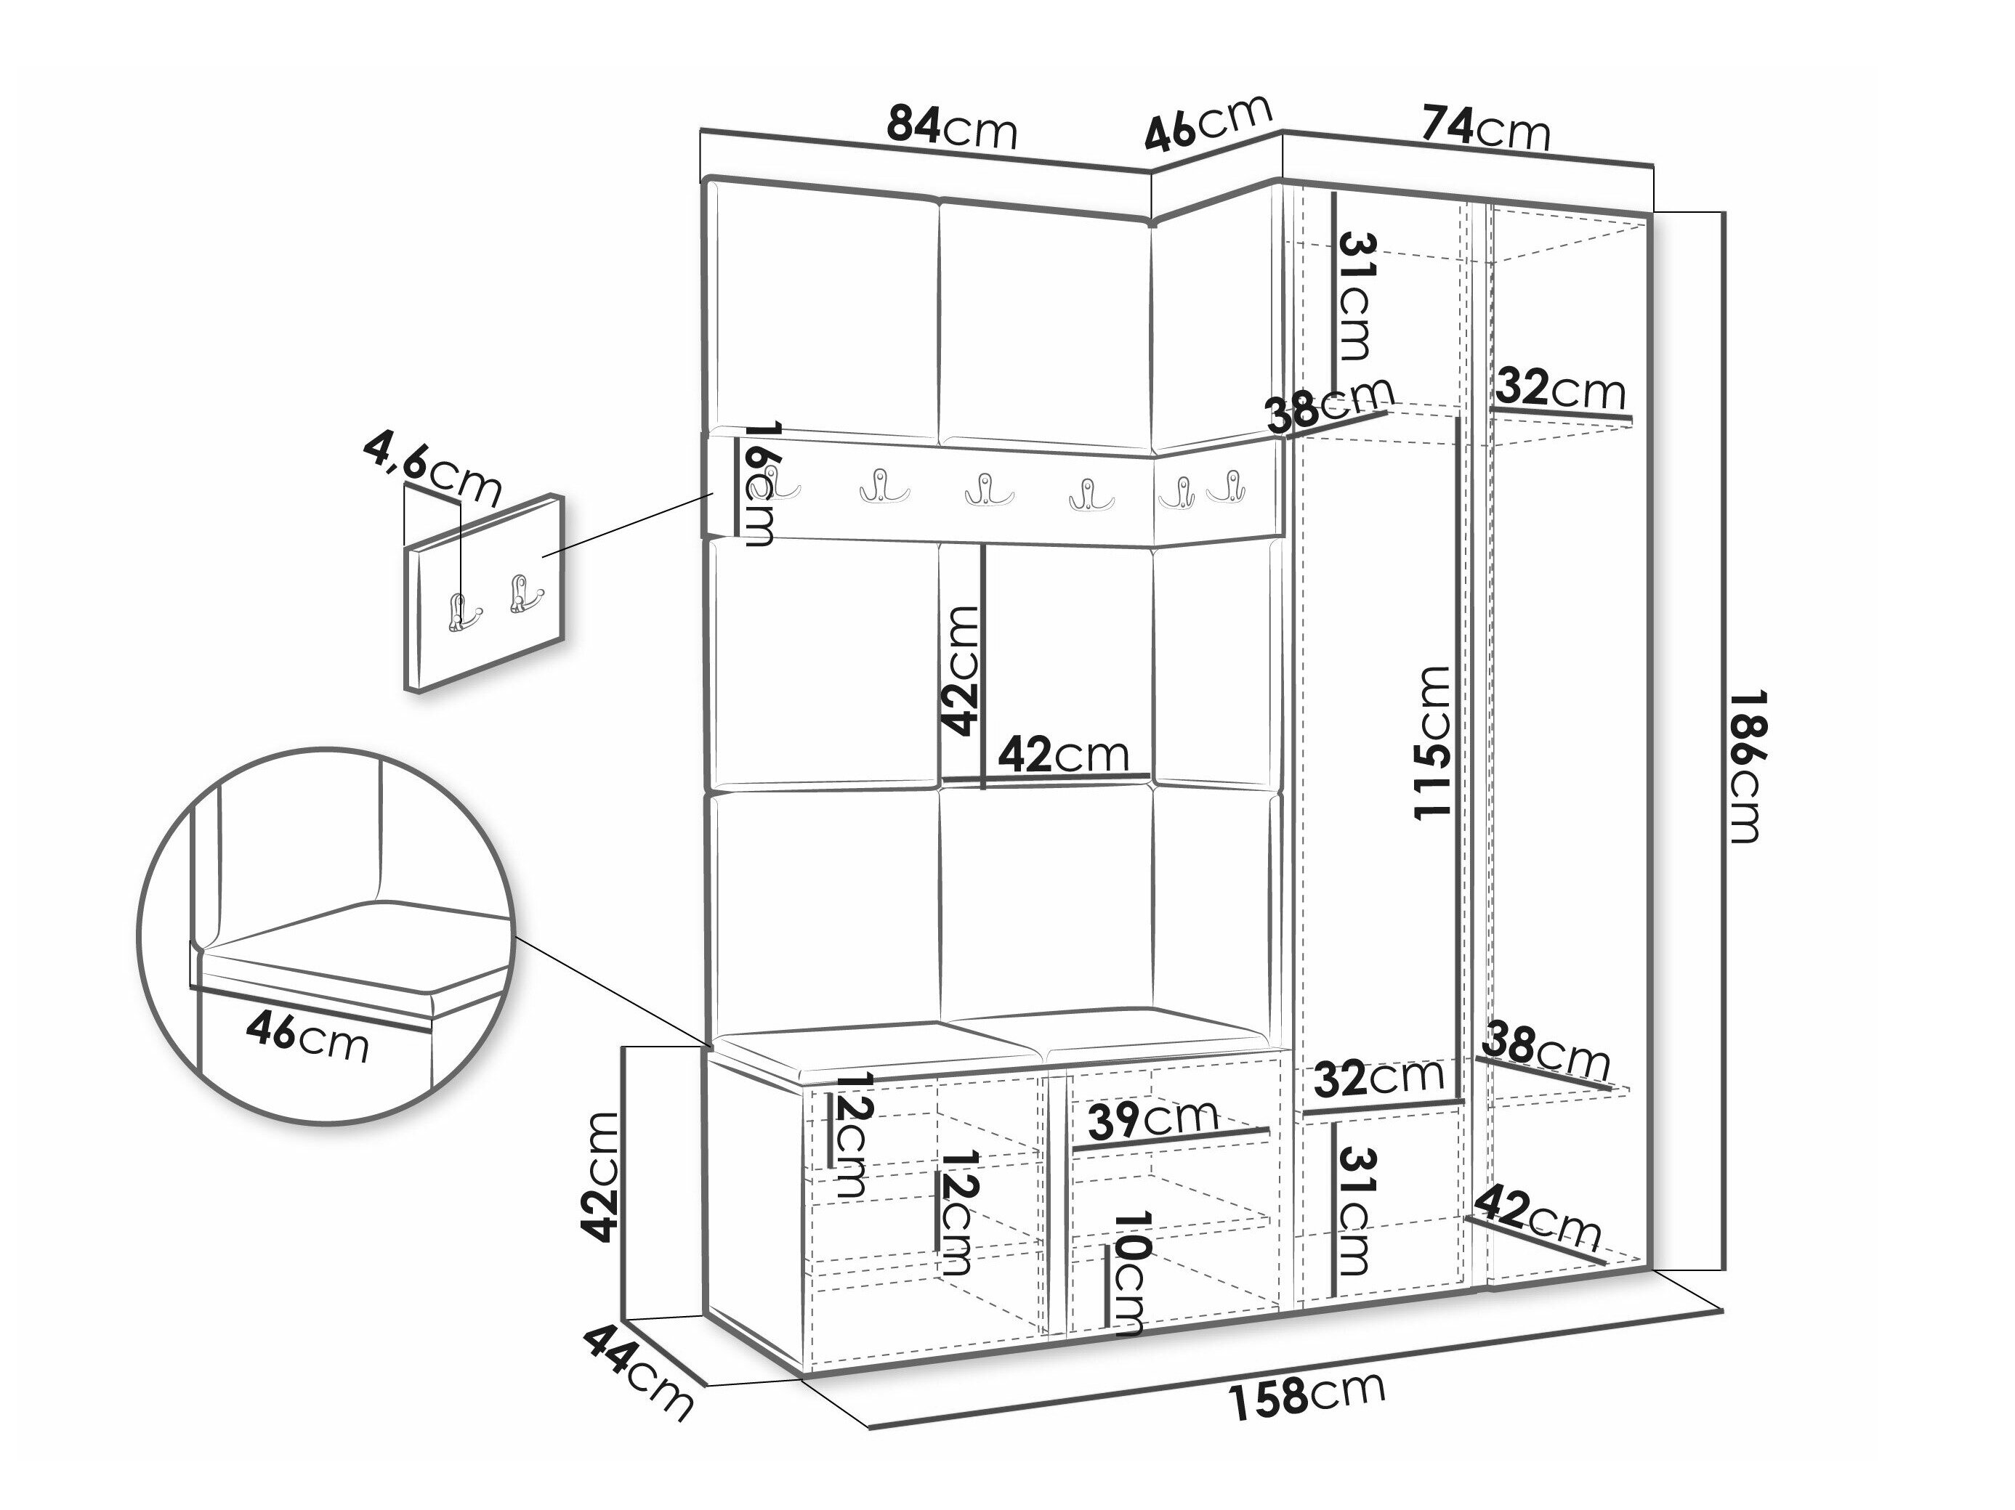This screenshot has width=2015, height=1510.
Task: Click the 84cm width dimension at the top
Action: [952, 128]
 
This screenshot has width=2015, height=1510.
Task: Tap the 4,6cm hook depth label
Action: [432, 470]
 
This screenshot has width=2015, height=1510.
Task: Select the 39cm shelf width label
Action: [1153, 1119]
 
